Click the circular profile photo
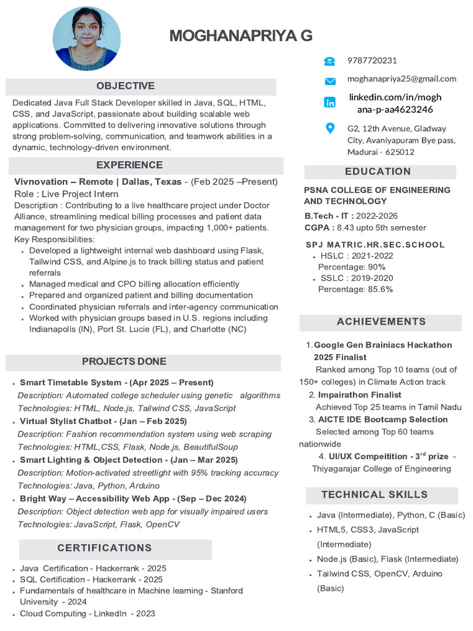[x=87, y=38]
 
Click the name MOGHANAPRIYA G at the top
[x=241, y=36]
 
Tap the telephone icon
[x=329, y=61]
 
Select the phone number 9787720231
[x=372, y=60]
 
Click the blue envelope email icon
[x=330, y=81]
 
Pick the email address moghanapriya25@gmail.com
[x=402, y=79]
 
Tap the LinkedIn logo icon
[x=330, y=102]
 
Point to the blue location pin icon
[x=330, y=128]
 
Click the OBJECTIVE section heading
[x=126, y=86]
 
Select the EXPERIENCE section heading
[x=129, y=165]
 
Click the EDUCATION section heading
[x=378, y=171]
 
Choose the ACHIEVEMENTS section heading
[x=381, y=322]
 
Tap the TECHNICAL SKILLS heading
[x=374, y=495]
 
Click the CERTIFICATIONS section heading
[x=105, y=548]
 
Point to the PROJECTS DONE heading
[x=124, y=362]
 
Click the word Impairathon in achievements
[x=344, y=395]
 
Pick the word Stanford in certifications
[x=227, y=590]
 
